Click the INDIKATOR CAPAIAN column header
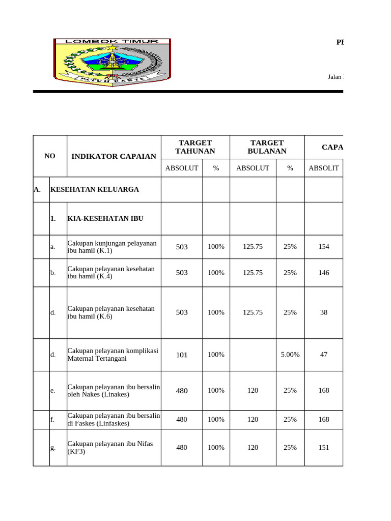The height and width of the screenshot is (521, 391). pyautogui.click(x=114, y=156)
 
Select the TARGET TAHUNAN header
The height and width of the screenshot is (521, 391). pyautogui.click(x=195, y=147)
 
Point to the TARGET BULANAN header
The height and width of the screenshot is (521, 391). pyautogui.click(x=267, y=147)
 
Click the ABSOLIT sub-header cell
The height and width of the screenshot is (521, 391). pyautogui.click(x=323, y=168)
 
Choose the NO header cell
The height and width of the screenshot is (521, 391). pyautogui.click(x=50, y=156)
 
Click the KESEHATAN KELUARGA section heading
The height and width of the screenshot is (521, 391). pyautogui.click(x=94, y=190)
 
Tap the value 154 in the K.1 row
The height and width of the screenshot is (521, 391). pyautogui.click(x=324, y=247)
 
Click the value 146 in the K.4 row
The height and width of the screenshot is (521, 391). pyautogui.click(x=324, y=273)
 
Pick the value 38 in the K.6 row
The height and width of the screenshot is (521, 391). pyautogui.click(x=324, y=312)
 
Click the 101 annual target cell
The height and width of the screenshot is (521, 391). pyautogui.click(x=182, y=355)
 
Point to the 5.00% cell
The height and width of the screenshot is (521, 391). pyautogui.click(x=290, y=355)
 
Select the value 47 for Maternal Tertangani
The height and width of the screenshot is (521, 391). pyautogui.click(x=324, y=355)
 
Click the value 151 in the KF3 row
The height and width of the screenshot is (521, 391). pyautogui.click(x=324, y=448)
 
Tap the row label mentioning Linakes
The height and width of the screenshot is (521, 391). pyautogui.click(x=114, y=391)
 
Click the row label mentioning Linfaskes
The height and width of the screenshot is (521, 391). pyautogui.click(x=114, y=419)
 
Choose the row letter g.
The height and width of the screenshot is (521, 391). pyautogui.click(x=52, y=448)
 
